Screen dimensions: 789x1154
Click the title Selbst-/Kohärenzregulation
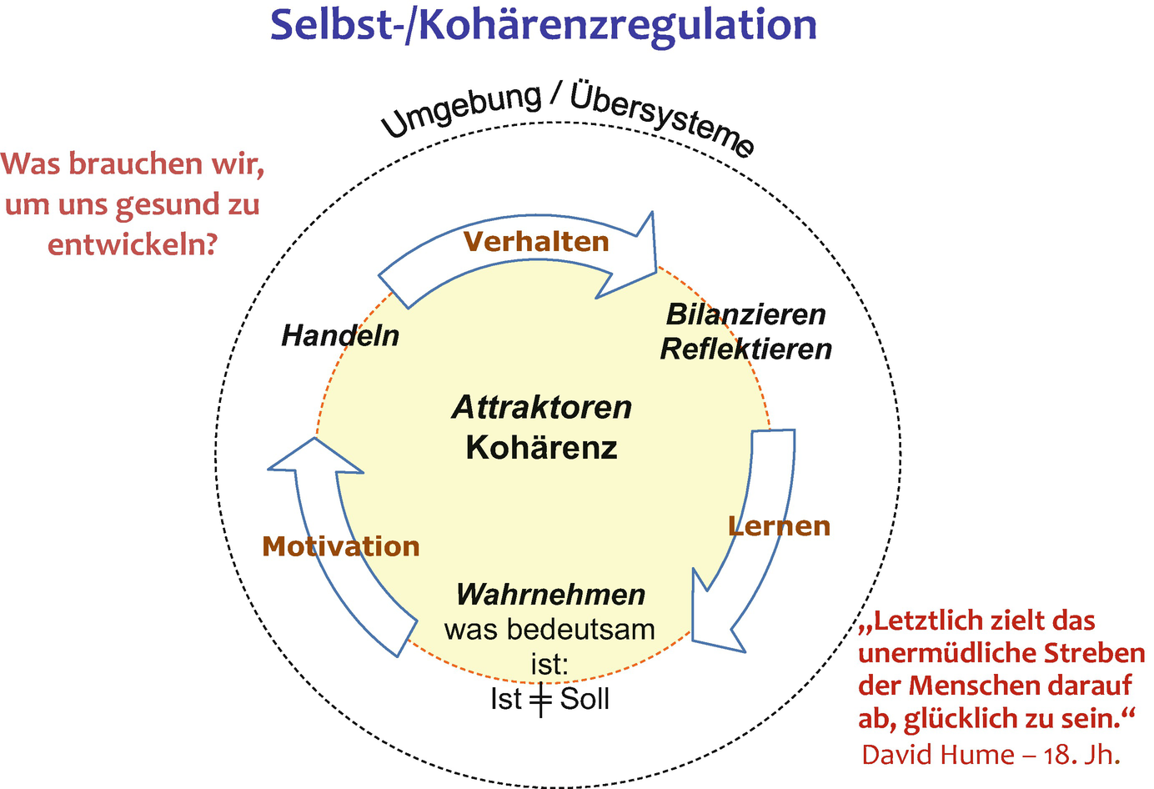pos(544,25)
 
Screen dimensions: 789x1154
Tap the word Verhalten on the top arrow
pos(536,242)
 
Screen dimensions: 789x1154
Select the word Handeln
pos(340,335)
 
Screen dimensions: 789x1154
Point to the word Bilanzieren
pos(745,314)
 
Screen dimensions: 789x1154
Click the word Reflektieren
pos(745,349)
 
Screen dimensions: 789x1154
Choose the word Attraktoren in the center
pos(542,407)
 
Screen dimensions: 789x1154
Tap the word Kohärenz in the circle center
pos(542,448)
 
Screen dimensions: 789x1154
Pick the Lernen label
pos(779,526)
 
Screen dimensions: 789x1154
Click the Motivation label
pos(340,546)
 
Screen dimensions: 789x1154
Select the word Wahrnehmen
pos(550,595)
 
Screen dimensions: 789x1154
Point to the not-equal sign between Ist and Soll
pos(541,700)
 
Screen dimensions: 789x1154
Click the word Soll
pos(585,699)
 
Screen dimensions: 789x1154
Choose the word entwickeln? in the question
pos(133,245)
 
